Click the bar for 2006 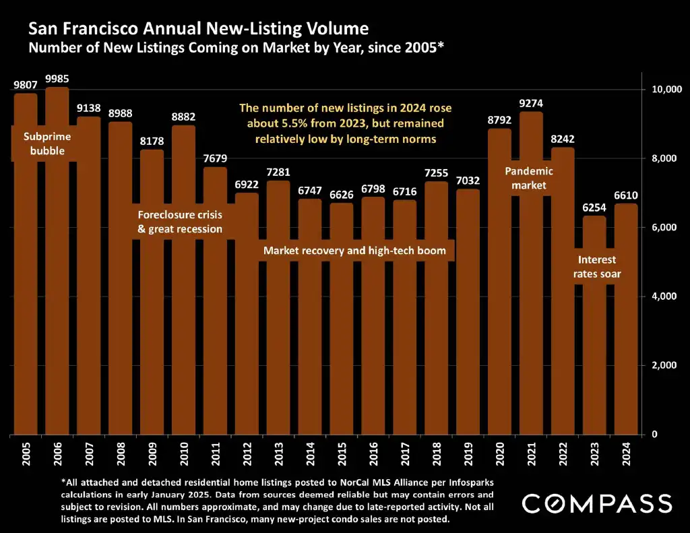click(x=57, y=270)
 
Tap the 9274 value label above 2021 click(x=531, y=104)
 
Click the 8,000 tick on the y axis click(x=660, y=158)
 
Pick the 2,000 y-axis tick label click(x=660, y=365)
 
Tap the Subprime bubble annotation click(x=47, y=144)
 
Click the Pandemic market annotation click(x=529, y=178)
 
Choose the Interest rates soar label click(x=597, y=267)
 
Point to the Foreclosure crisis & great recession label click(x=180, y=222)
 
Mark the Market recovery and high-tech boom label click(x=354, y=251)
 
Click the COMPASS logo click(x=597, y=503)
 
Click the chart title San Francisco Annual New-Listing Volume click(x=199, y=29)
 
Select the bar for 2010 click(x=184, y=283)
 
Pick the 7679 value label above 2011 click(x=216, y=159)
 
